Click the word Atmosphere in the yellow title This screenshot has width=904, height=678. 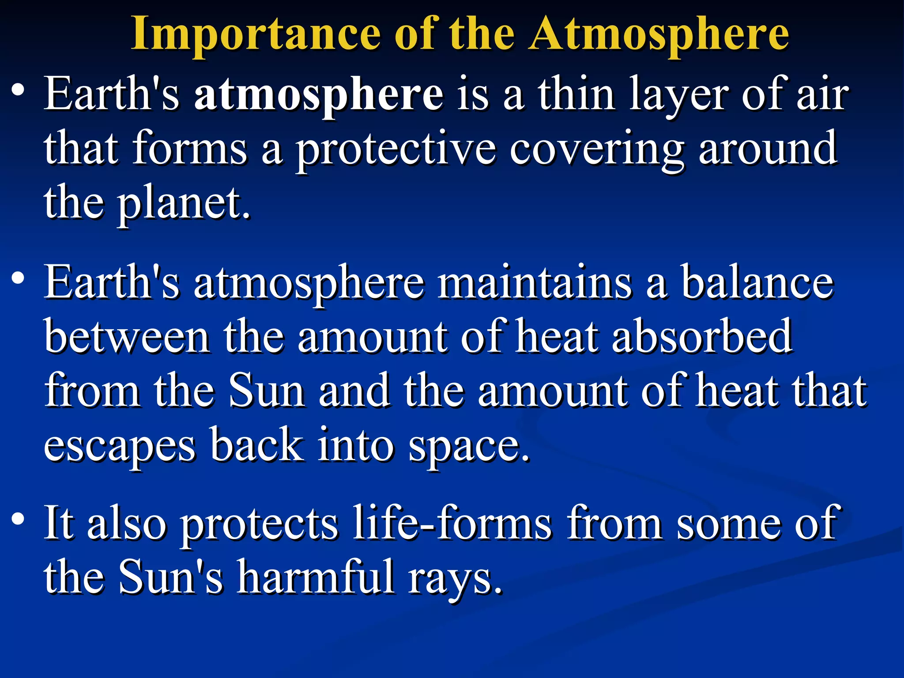[x=659, y=34]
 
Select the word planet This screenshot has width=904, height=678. [x=183, y=204]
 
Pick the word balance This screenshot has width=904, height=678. [x=757, y=282]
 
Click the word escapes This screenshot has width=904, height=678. [x=119, y=446]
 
